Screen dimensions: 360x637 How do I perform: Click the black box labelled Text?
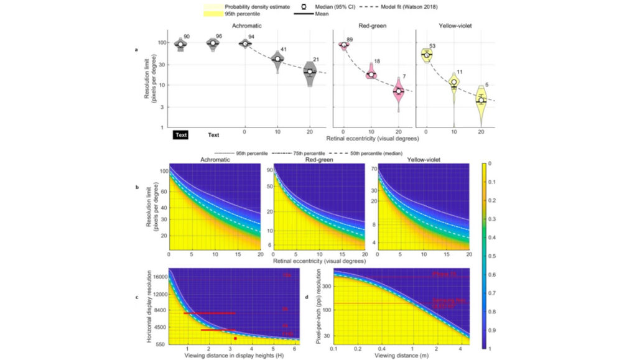(x=181, y=135)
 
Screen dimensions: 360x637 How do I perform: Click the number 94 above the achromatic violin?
(x=251, y=37)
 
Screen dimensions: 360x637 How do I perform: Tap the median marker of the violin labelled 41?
(x=277, y=59)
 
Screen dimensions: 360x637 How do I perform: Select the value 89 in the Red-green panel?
(x=350, y=40)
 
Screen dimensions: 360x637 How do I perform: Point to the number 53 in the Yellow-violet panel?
(x=432, y=46)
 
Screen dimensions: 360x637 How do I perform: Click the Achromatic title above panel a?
(x=248, y=27)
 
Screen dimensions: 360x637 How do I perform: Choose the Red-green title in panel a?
(x=371, y=27)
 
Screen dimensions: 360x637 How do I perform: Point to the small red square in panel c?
(x=235, y=338)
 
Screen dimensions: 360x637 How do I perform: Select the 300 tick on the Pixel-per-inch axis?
(x=323, y=282)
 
